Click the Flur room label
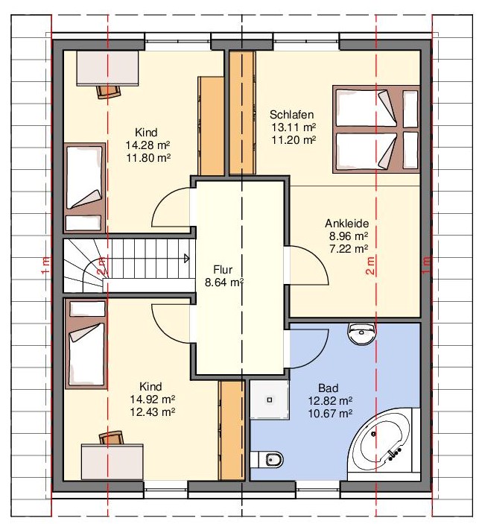click(223, 270)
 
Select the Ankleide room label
click(347, 223)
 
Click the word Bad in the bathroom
click(328, 388)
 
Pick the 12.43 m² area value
click(152, 411)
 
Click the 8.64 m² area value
click(224, 282)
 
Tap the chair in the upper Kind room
click(108, 91)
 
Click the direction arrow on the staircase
click(185, 259)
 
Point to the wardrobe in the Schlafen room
click(241, 112)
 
